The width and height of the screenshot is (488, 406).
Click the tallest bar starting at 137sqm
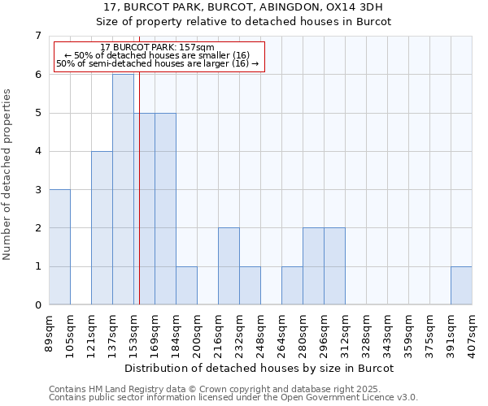pyautogui.click(x=123, y=189)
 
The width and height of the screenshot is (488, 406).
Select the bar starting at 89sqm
pyautogui.click(x=59, y=247)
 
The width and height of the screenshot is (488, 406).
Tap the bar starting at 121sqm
pyautogui.click(x=102, y=227)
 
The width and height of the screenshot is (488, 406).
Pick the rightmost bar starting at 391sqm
pyautogui.click(x=461, y=285)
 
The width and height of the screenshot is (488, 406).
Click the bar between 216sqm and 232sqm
pyautogui.click(x=229, y=266)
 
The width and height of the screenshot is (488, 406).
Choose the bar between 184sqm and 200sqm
pyautogui.click(x=186, y=285)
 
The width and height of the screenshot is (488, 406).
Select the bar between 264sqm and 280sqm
pyautogui.click(x=292, y=285)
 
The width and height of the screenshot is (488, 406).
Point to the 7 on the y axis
pyautogui.click(x=37, y=36)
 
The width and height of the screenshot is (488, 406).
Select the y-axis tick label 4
pyautogui.click(x=37, y=151)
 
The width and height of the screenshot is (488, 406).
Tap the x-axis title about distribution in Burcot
pyautogui.click(x=260, y=368)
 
